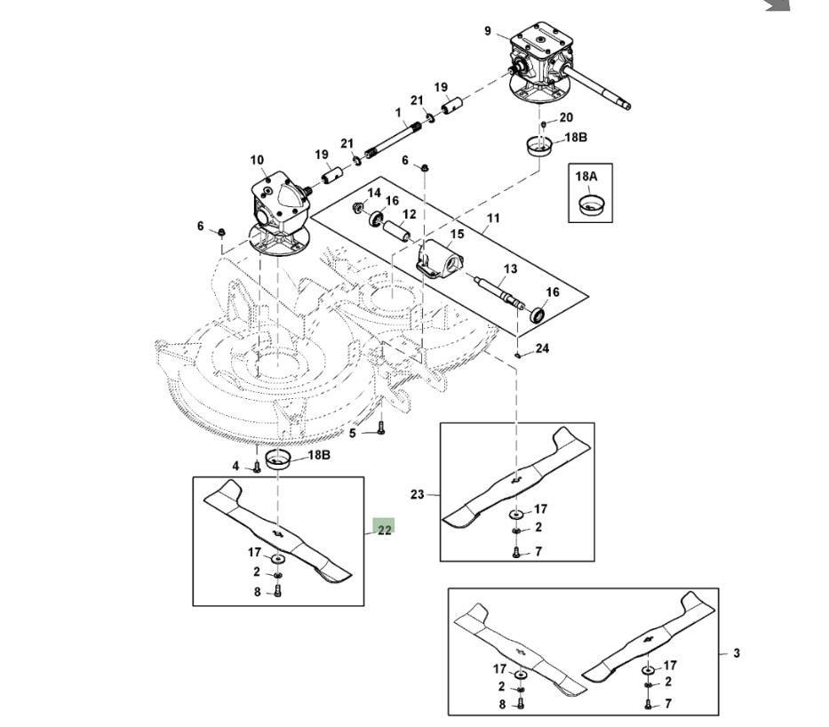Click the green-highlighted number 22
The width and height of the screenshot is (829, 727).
384,531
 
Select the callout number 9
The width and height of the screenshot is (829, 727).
488,31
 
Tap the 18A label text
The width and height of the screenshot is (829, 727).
586,177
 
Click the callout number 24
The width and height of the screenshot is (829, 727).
542,348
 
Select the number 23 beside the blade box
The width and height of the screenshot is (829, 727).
418,495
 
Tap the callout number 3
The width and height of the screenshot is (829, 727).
736,653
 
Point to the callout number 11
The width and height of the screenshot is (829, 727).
493,218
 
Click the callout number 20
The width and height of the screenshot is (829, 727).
566,117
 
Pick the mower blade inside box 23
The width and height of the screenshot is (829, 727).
515,478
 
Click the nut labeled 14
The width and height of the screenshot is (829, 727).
358,209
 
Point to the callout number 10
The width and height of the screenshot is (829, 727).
257,161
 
